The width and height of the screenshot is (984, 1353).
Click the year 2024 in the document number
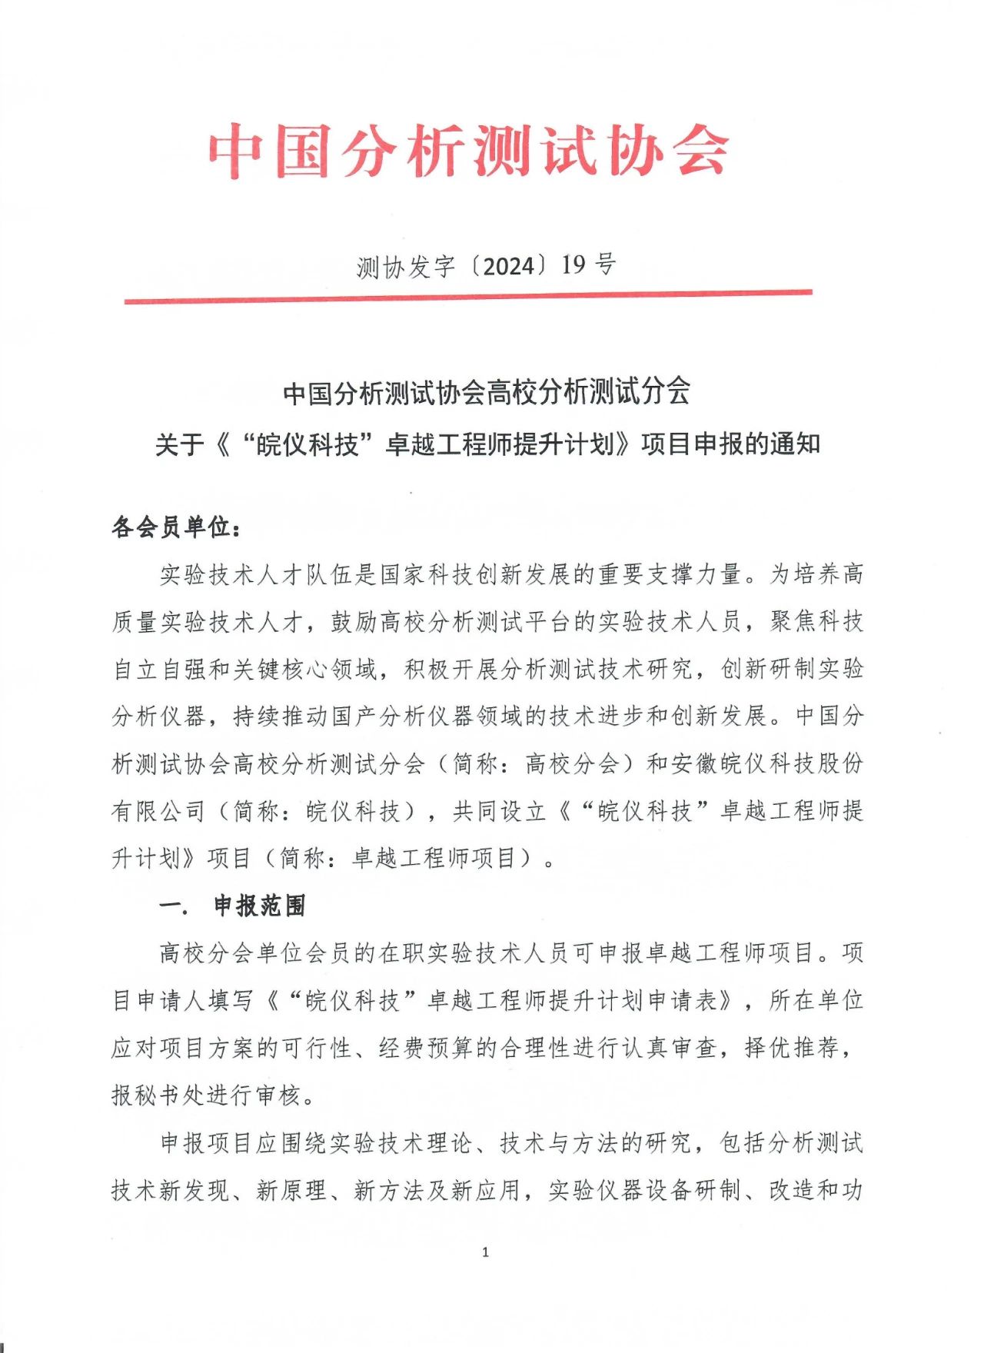(x=507, y=266)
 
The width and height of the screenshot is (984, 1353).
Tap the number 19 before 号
(x=573, y=265)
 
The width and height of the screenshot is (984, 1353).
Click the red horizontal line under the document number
(x=468, y=297)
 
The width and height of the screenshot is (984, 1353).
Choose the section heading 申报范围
(x=260, y=906)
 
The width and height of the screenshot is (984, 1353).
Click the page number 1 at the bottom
(x=485, y=1252)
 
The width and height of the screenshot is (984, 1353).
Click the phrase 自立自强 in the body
(x=161, y=669)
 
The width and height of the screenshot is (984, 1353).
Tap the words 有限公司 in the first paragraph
(x=158, y=811)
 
